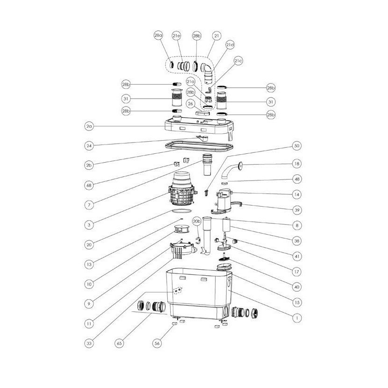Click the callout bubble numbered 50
(297, 146)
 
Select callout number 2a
(89, 126)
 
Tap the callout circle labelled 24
(89, 146)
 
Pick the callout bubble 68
(89, 185)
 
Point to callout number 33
(89, 343)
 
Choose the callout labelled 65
(120, 343)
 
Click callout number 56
(157, 343)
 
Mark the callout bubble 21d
(230, 45)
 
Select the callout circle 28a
(158, 36)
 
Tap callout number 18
(297, 164)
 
